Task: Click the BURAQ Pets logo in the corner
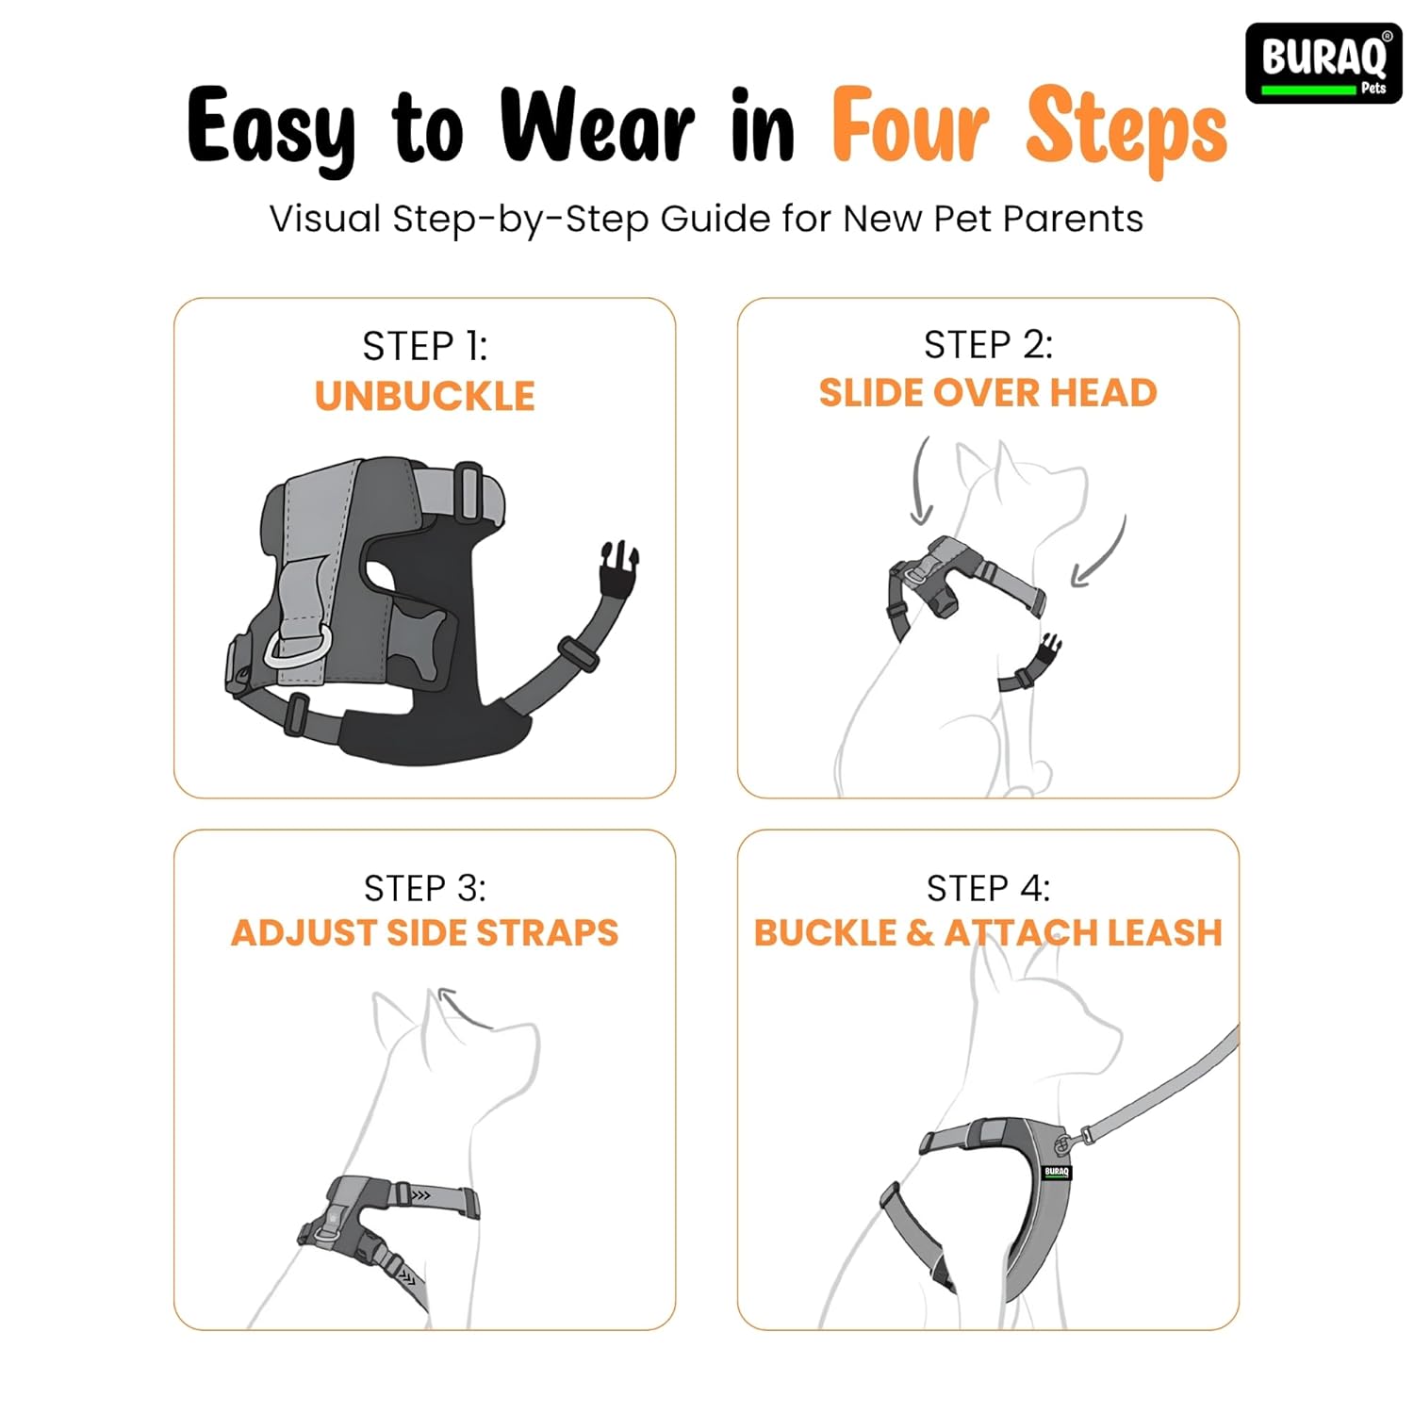point(1323,62)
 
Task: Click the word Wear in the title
point(597,126)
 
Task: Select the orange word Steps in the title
point(1126,130)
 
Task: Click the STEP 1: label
point(425,346)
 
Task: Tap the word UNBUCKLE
point(425,396)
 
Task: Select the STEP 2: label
point(988,345)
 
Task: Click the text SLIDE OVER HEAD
point(988,393)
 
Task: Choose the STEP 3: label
point(425,888)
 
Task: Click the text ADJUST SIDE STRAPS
point(425,933)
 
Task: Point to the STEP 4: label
point(988,888)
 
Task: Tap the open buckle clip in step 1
point(618,567)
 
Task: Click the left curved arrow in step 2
point(920,481)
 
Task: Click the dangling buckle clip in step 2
point(1046,650)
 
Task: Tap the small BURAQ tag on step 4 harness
point(1057,1172)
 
